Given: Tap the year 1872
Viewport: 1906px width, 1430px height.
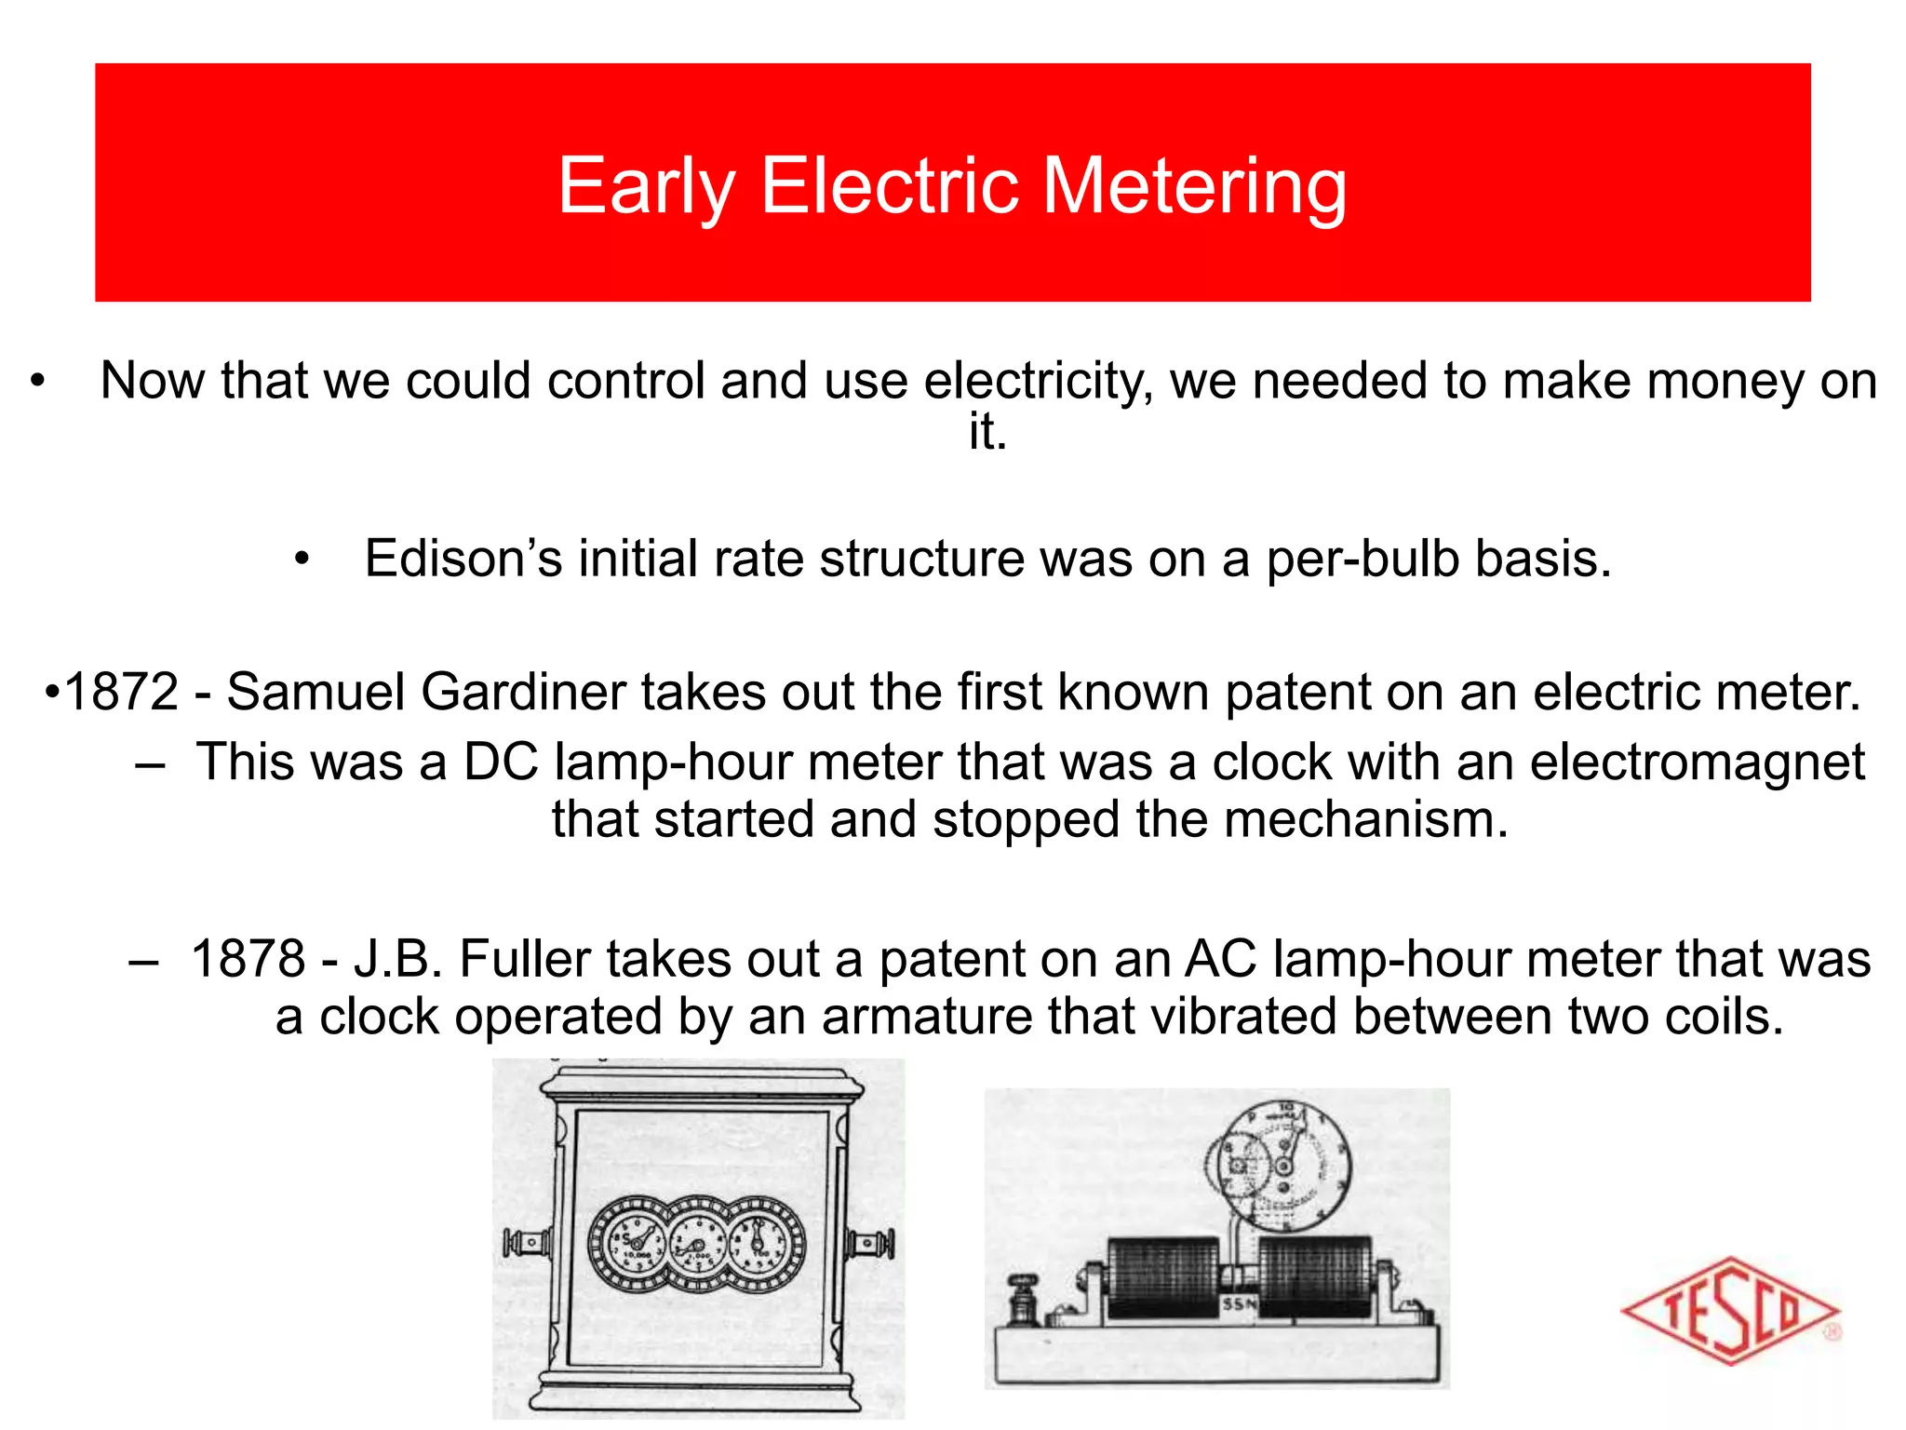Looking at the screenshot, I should [x=121, y=692].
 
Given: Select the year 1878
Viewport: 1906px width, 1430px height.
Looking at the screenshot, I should [x=248, y=959].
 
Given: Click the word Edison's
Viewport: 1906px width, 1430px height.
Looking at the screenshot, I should [x=463, y=559].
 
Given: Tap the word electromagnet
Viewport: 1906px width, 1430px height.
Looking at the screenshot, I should [x=1697, y=762].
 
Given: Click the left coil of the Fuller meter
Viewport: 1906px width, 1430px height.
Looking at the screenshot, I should [x=1163, y=1275].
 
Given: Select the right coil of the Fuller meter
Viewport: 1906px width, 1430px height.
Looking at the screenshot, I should [x=1314, y=1275].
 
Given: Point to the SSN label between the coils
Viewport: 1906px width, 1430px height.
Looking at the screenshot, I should [x=1239, y=1304].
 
